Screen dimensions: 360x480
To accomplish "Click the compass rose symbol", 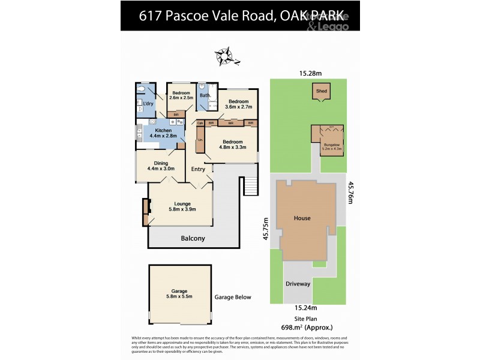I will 224,56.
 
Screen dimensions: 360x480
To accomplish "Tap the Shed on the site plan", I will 322,92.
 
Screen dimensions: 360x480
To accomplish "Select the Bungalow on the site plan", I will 328,142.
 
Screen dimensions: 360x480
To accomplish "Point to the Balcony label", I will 193,238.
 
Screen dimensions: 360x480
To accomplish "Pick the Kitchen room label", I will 163,131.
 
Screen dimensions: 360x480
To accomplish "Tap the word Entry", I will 198,169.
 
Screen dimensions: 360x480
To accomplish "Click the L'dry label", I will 148,103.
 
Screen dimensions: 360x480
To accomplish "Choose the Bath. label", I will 205,95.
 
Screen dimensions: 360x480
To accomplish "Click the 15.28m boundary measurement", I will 311,73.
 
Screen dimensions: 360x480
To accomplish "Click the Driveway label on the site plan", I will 298,283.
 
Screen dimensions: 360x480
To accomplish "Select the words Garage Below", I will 233,297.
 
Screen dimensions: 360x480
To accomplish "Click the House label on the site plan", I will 302,218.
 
